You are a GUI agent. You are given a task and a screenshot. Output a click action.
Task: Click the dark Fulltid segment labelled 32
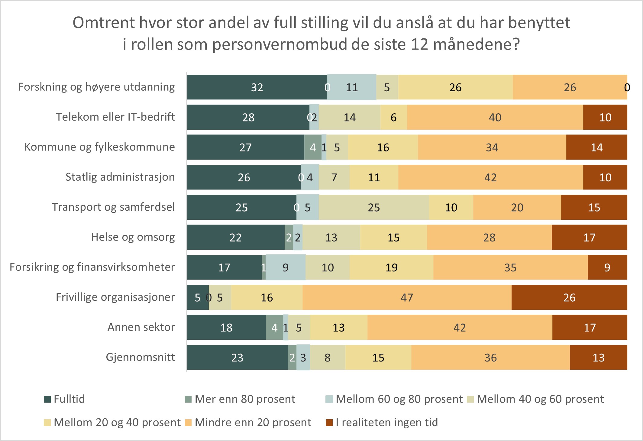point(257,87)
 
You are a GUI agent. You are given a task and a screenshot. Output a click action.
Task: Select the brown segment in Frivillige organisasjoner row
point(569,297)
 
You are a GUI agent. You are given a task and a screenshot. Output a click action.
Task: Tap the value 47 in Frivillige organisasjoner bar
point(407,297)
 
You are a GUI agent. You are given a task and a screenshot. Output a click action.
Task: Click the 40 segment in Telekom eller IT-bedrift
point(495,117)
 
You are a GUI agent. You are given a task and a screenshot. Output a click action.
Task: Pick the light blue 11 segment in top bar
point(352,87)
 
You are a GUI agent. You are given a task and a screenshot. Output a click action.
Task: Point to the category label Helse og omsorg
point(133,237)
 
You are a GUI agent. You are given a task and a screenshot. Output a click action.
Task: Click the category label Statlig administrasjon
point(120,177)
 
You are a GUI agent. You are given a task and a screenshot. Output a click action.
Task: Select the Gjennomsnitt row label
point(140,357)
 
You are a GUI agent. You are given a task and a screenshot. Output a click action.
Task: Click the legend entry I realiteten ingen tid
point(386,423)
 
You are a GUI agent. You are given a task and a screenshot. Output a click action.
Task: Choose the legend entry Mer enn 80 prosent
point(245,399)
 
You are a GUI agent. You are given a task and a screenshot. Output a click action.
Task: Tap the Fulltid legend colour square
point(47,399)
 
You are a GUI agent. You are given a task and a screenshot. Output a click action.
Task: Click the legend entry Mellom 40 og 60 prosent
point(540,399)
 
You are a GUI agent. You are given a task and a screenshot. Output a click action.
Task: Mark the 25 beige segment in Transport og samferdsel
point(374,207)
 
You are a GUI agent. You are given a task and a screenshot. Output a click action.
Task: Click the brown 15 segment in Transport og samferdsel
point(594,207)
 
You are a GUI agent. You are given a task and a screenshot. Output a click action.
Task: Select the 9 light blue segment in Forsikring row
point(286,268)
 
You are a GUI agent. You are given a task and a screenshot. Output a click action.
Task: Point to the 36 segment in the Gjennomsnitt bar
point(490,358)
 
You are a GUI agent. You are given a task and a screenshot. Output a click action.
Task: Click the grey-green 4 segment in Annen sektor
point(274,327)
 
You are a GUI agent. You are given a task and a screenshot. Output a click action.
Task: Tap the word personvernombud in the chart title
point(278,44)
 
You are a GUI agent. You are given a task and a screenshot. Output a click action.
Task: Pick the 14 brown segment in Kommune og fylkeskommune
point(596,147)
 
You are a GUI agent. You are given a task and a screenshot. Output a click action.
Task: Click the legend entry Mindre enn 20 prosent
point(253,423)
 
